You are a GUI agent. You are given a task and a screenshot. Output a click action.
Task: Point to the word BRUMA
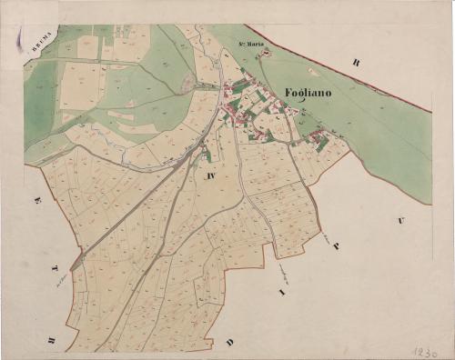41,43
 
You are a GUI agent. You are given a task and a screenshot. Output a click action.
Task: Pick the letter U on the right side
399,221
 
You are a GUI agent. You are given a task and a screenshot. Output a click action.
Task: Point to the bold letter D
231,342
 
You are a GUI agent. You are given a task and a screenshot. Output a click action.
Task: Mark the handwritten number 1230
424,349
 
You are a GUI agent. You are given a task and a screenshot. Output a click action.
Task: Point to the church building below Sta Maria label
265,53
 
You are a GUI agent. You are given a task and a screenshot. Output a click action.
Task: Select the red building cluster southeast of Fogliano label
317,138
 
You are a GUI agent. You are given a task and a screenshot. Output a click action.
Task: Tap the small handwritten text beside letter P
325,238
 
